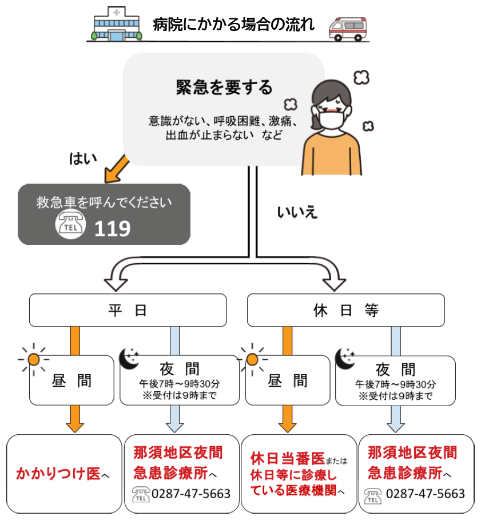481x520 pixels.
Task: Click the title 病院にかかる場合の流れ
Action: (233, 25)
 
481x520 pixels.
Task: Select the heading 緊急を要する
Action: (224, 87)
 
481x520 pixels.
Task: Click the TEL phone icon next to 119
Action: (70, 224)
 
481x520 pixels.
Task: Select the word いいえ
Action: (297, 213)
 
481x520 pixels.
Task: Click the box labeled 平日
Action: (128, 310)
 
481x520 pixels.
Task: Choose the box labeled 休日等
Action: (345, 310)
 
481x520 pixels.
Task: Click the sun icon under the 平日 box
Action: (34, 359)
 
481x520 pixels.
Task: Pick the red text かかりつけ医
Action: (58, 474)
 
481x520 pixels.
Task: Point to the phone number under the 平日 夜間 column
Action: (191, 493)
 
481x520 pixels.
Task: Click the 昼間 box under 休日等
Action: (288, 380)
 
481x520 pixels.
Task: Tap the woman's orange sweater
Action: (332, 154)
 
